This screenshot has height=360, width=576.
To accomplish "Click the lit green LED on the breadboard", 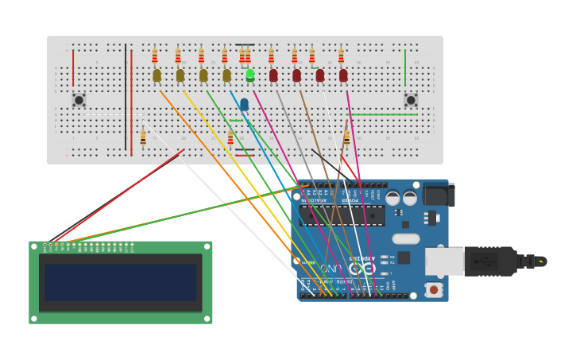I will [x=250, y=75].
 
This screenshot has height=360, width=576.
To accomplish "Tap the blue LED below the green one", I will [x=244, y=104].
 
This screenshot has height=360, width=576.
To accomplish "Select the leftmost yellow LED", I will [x=157, y=75].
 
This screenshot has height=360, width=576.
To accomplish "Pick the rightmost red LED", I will [x=343, y=75].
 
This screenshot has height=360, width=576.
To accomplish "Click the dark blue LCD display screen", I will [x=120, y=282].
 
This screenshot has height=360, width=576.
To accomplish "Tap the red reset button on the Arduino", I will [x=434, y=290].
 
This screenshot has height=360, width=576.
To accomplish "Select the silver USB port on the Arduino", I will [x=444, y=261].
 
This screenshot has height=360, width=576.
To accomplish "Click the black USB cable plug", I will [x=491, y=261].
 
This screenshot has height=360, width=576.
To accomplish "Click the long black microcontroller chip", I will [x=342, y=215].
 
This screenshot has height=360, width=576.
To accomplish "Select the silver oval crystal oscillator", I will [x=405, y=238].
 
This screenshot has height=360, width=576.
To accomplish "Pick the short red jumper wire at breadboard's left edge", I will [x=73, y=68].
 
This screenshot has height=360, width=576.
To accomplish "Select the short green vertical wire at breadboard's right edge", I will [x=405, y=68].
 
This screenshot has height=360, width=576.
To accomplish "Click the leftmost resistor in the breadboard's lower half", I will [x=143, y=138].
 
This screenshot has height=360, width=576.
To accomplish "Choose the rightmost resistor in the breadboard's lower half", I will [x=346, y=139].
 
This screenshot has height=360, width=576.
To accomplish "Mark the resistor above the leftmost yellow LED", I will [x=155, y=56].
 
